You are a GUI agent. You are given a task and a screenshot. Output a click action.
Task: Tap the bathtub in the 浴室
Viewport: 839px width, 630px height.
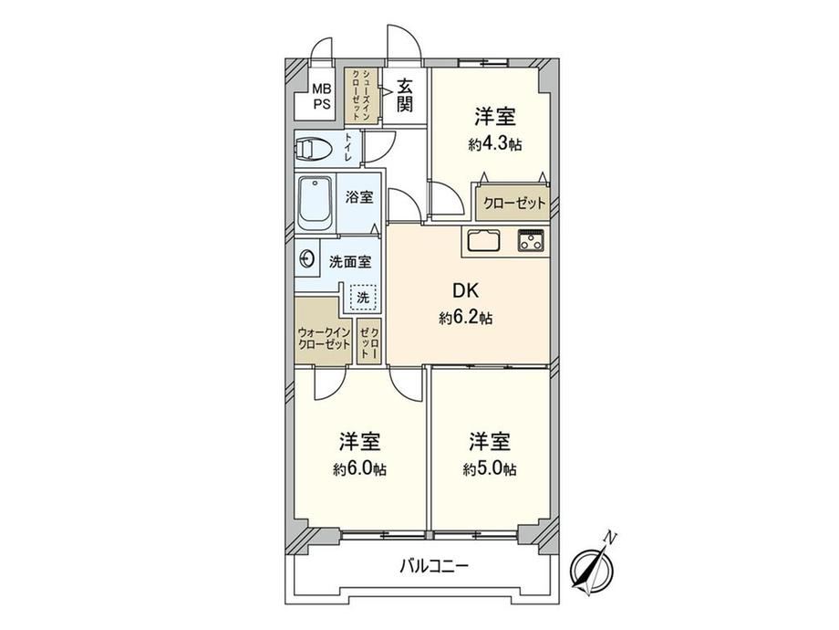point(316,204)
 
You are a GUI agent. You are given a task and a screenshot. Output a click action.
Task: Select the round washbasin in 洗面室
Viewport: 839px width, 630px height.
point(306,259)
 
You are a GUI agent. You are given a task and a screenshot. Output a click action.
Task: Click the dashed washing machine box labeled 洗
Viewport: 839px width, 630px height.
point(363,297)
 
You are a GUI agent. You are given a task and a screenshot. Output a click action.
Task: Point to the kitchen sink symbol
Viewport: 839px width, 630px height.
point(483,240)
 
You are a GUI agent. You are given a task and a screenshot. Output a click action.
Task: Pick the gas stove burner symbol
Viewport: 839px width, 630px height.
point(531,240)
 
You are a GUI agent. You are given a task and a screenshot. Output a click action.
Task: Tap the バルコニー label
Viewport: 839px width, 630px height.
point(434,566)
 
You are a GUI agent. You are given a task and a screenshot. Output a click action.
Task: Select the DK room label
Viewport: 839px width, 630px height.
point(465,290)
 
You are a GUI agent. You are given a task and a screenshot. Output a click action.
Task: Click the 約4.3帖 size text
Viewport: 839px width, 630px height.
point(495,144)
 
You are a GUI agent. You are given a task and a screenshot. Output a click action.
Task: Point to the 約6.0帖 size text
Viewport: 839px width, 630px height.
point(359,469)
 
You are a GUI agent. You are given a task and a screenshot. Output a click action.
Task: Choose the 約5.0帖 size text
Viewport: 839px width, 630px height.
point(490,469)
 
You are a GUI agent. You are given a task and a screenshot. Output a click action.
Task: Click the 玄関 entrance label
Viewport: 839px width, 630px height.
point(405,95)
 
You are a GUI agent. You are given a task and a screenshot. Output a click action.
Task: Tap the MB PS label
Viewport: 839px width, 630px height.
point(322,97)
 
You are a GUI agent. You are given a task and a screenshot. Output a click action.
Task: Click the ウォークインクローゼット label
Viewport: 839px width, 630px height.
point(325,339)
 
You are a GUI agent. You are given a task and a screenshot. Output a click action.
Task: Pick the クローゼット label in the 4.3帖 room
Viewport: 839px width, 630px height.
point(513,204)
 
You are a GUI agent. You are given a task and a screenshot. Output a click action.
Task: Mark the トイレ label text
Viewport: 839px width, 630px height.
point(348,147)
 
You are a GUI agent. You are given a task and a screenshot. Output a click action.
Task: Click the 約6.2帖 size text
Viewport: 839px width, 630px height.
point(465,319)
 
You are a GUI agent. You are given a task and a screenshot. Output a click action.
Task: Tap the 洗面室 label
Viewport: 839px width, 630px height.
point(350,262)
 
